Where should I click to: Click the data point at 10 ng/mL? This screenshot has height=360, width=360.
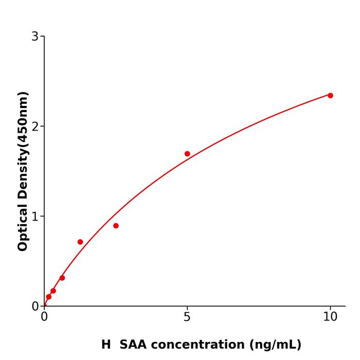pyautogui.click(x=330, y=96)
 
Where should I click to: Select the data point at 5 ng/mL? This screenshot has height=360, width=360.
pyautogui.click(x=187, y=154)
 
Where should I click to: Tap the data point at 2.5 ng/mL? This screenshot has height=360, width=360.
pyautogui.click(x=116, y=226)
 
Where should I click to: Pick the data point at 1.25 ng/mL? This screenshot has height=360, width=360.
pyautogui.click(x=80, y=242)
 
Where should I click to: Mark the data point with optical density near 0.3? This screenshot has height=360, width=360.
pyautogui.click(x=62, y=278)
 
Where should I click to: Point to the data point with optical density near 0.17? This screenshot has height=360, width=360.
pyautogui.click(x=53, y=291)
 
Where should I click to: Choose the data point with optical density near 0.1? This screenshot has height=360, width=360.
pyautogui.click(x=49, y=297)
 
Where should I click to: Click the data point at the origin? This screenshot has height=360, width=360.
pyautogui.click(x=45, y=305)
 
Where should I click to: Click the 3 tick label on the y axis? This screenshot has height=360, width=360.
pyautogui.click(x=35, y=37)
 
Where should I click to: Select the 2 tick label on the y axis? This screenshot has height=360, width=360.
pyautogui.click(x=35, y=127)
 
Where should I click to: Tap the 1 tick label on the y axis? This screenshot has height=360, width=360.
pyautogui.click(x=35, y=217)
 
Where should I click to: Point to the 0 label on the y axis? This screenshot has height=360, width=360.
pyautogui.click(x=35, y=307)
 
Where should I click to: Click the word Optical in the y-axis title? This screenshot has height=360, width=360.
pyautogui.click(x=23, y=227)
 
